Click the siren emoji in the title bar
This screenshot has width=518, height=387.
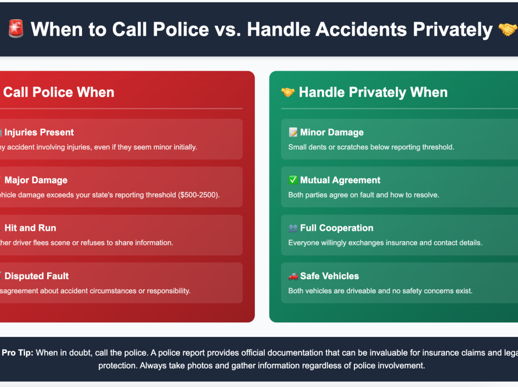point(15,29)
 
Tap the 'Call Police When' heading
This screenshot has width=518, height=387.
point(58,92)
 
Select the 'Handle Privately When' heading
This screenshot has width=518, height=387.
point(373,92)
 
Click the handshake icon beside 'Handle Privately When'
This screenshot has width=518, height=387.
point(288,92)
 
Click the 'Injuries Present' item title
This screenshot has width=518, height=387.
point(39,132)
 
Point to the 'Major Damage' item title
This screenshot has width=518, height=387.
point(36,180)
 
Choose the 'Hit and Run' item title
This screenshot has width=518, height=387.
point(30,228)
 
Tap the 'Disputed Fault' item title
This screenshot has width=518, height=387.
point(36,276)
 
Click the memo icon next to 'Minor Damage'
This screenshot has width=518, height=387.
point(293,132)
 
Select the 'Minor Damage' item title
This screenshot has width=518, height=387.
point(332,132)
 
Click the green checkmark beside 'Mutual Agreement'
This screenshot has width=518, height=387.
point(293,180)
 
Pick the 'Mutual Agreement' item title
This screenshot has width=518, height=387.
point(340,180)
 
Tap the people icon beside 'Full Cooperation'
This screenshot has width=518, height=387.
point(293,228)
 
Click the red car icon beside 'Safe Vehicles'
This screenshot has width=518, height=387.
point(293,276)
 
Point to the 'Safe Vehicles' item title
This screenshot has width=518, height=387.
point(329,276)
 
